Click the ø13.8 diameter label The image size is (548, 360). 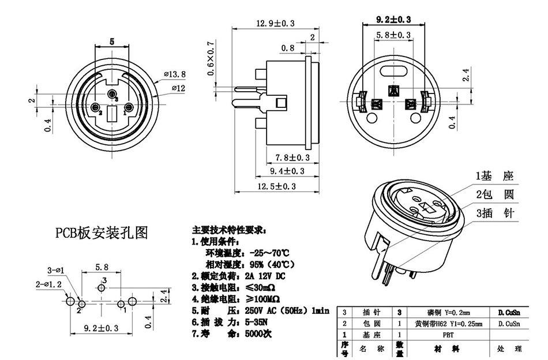[x=174, y=74]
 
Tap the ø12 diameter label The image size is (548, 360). [x=178, y=88]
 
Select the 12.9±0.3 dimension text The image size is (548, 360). [x=274, y=23]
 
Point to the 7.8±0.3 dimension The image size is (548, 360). [x=292, y=157]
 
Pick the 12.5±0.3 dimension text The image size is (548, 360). [x=276, y=186]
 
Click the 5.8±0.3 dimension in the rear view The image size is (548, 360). [x=393, y=35]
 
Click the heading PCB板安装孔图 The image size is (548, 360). [x=102, y=232]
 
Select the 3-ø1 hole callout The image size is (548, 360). [x=55, y=270]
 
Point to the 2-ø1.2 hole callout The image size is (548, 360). [x=48, y=284]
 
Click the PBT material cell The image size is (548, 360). [x=448, y=334]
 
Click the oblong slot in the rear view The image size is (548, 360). [x=395, y=73]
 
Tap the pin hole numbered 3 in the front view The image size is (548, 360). [x=111, y=93]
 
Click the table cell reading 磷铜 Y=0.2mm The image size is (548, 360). [x=449, y=312]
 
